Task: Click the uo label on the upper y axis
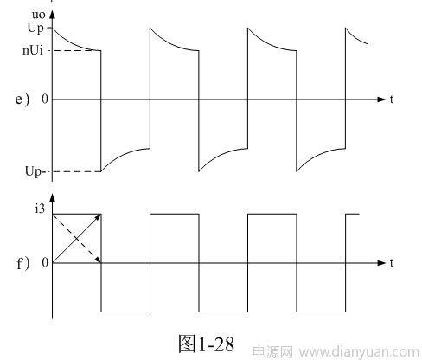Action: coord(38,15)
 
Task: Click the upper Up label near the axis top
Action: coord(35,29)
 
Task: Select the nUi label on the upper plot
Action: coord(33,50)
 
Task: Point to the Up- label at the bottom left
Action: coord(35,171)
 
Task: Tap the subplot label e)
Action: coord(22,100)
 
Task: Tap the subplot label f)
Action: coord(23,263)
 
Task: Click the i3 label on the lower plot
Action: coord(40,209)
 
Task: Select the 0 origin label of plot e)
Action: coord(45,100)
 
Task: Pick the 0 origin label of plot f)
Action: coord(45,263)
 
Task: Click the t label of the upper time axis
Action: coord(392,100)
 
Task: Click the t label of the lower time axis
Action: coord(392,263)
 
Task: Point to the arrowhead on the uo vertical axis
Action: coord(52,15)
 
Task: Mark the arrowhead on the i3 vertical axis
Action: coord(52,197)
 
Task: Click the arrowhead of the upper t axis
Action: coord(381,100)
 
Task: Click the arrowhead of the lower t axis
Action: coord(381,263)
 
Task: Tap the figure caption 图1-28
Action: coord(207,344)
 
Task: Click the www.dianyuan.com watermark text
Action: coord(359,352)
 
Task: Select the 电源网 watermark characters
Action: coord(272,352)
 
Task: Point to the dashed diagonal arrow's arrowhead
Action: coord(99,260)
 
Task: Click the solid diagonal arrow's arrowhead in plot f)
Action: coord(99,217)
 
